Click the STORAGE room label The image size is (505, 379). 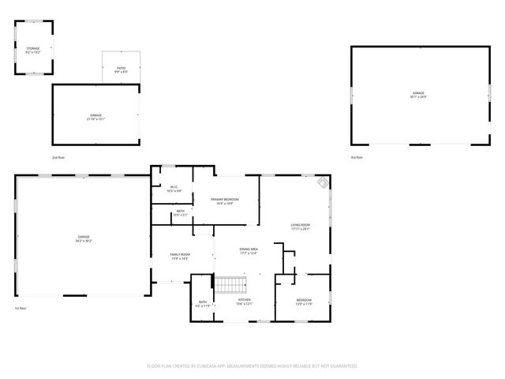(x=34, y=50)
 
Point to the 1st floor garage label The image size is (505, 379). (x=84, y=239)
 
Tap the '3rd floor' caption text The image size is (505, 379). (x=357, y=158)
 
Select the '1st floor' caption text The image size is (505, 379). (x=21, y=308)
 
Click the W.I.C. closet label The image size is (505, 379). (x=175, y=189)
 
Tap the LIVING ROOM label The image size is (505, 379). (x=300, y=227)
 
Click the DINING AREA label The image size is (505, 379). (x=249, y=251)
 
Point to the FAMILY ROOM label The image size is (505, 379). (x=181, y=256)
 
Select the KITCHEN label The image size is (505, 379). (x=244, y=302)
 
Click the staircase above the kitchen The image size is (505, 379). (x=232, y=283)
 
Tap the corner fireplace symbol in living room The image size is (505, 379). (x=322, y=182)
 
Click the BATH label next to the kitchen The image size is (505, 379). (x=203, y=304)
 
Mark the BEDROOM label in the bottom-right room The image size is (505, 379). (x=304, y=302)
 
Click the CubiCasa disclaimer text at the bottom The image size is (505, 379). (x=252, y=366)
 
